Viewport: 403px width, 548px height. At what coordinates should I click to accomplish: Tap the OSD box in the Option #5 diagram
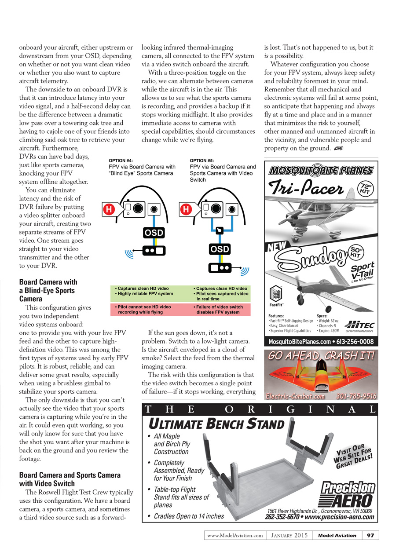[220, 249]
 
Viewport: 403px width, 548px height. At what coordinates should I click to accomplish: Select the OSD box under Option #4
[154, 232]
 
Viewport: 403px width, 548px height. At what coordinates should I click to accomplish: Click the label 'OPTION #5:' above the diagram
[202, 161]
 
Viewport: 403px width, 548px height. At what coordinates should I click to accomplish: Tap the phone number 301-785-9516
[356, 396]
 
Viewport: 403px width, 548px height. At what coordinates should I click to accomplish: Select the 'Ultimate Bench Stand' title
[217, 424]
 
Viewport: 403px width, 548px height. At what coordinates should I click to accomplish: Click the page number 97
[370, 535]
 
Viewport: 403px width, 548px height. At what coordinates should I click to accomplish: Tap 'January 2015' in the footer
[288, 535]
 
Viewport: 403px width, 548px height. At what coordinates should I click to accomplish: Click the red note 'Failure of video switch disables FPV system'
[219, 309]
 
